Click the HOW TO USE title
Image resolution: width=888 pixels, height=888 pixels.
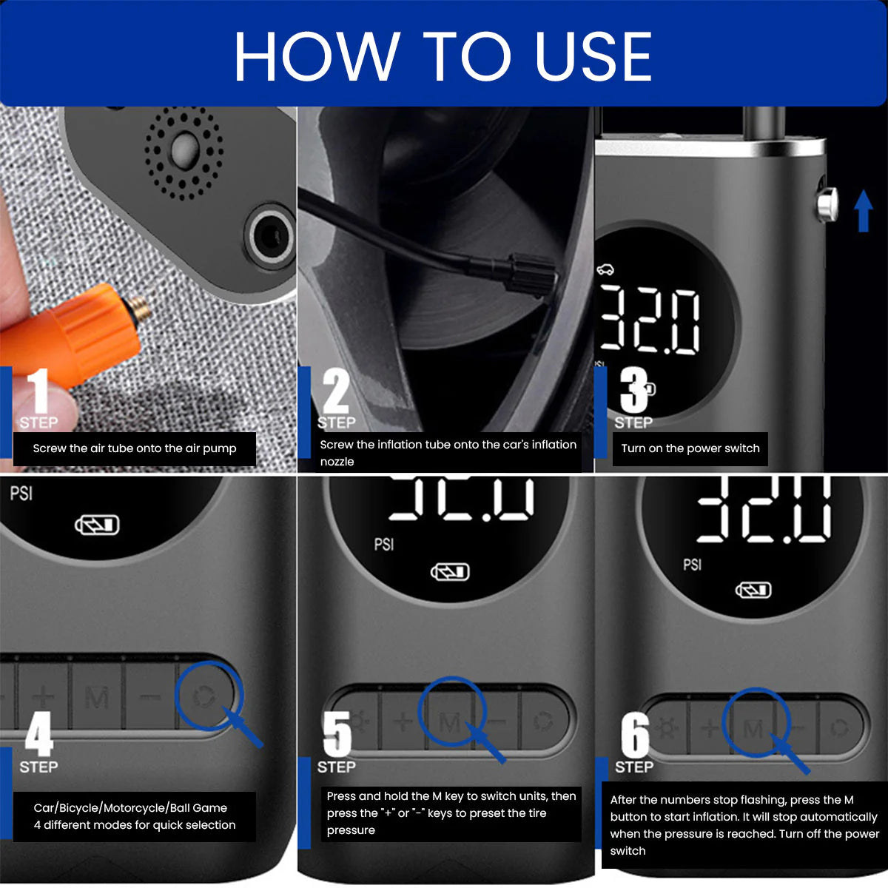coord(443,57)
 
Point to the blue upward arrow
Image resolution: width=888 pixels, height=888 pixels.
coord(863,211)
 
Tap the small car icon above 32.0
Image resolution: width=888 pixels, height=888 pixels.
coord(605,269)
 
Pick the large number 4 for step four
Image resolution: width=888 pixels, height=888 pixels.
coord(39,733)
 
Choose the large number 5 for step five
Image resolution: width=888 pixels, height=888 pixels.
coord(337,733)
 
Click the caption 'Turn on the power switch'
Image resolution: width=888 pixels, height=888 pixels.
coord(690,448)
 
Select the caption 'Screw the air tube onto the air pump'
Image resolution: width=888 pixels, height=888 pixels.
coord(135,448)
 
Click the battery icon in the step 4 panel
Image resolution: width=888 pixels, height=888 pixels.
coord(97,525)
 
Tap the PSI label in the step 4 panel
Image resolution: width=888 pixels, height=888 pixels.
coord(21,494)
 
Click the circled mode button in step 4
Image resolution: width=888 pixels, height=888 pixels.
coord(204,696)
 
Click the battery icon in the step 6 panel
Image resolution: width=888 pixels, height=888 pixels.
coord(753,591)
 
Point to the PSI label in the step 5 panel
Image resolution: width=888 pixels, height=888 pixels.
coord(384,545)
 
